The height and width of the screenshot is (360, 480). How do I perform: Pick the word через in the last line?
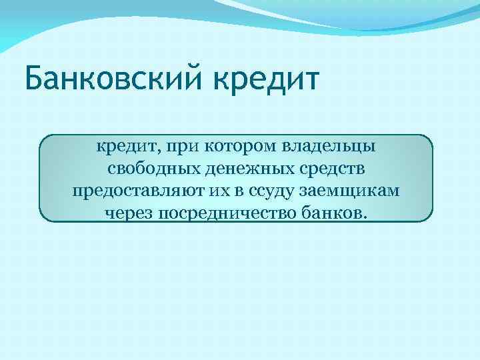point(129,213)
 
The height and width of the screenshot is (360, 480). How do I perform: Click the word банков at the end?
point(334,213)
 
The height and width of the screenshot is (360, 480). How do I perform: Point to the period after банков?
point(363,217)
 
